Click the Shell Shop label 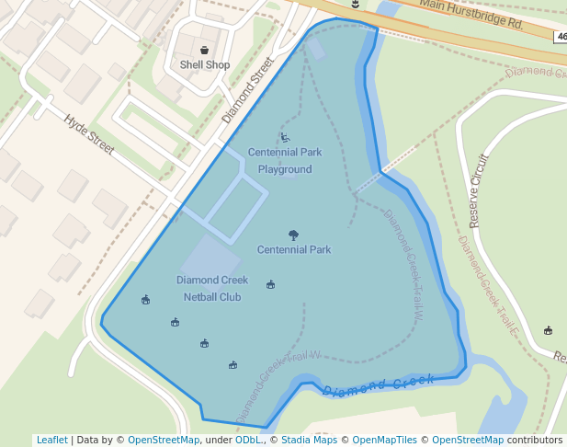[x=205, y=65]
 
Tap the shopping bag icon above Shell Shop [x=204, y=50]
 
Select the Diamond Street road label [x=248, y=90]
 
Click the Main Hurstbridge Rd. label [x=471, y=15]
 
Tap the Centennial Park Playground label [x=285, y=161]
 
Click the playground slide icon [x=285, y=138]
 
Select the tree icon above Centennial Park [x=293, y=235]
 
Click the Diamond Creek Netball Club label [x=212, y=288]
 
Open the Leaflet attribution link [x=52, y=440]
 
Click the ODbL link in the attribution [x=248, y=440]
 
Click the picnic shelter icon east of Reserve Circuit [x=549, y=330]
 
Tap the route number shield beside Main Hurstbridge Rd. [x=561, y=36]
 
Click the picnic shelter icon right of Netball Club [x=270, y=285]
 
